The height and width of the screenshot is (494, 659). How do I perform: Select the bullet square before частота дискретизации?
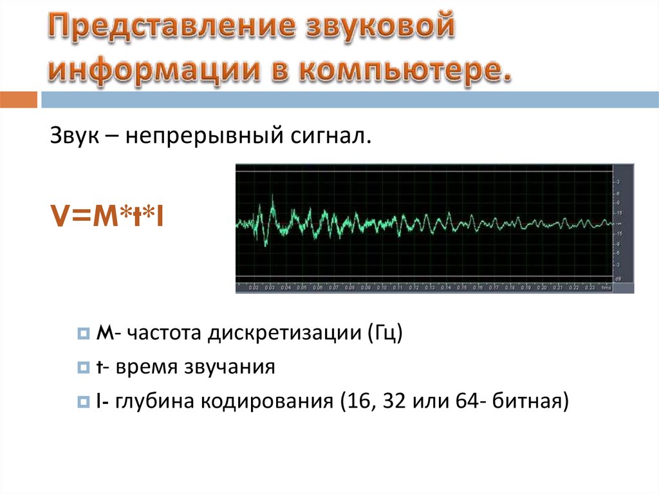point(82,336)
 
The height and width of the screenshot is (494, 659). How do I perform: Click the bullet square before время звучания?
point(82,369)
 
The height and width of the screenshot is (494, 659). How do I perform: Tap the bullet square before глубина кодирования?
point(82,403)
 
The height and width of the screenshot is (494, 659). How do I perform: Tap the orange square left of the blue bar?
point(19,100)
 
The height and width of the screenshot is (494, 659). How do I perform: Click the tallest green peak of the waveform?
point(273,198)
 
